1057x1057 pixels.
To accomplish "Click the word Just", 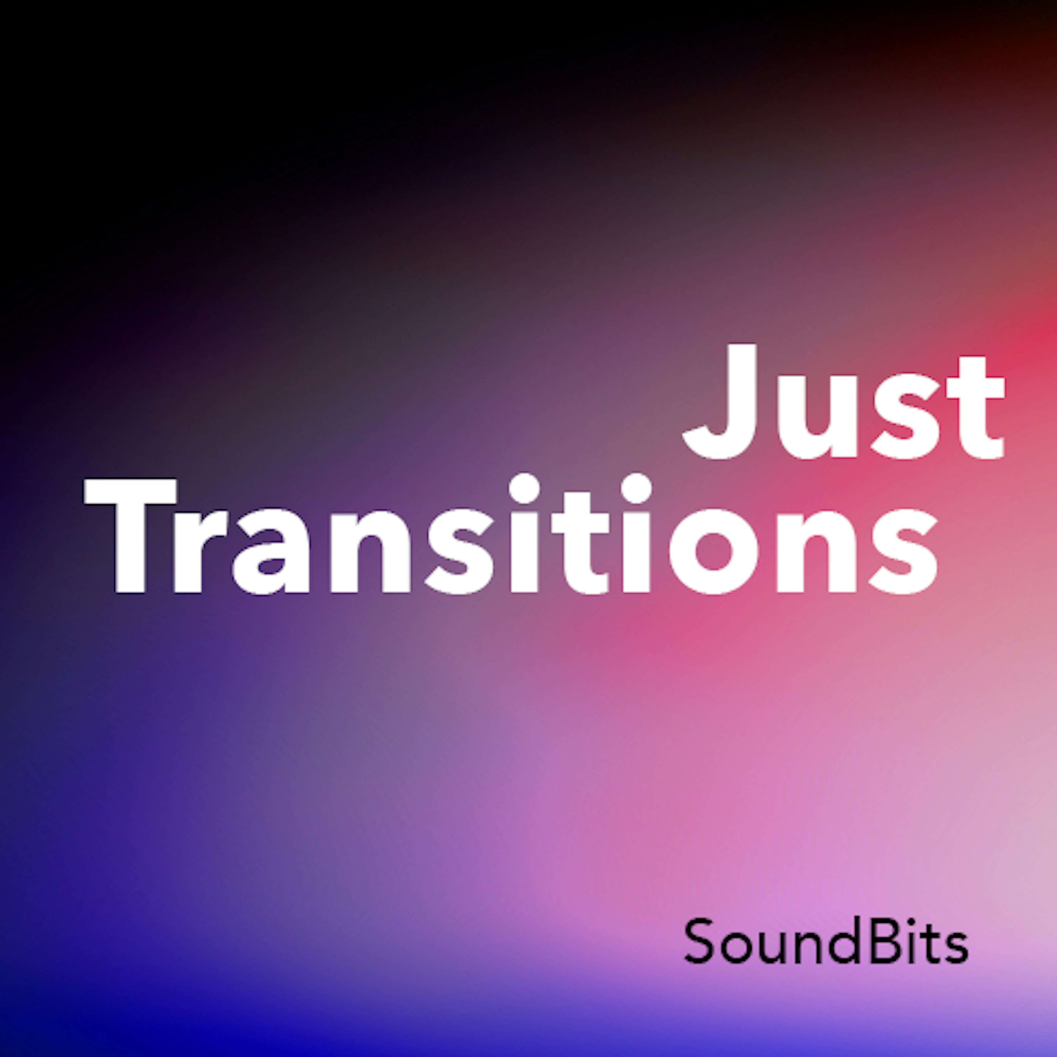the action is click(x=844, y=401).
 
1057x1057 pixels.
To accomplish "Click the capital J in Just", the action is click(x=720, y=401).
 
